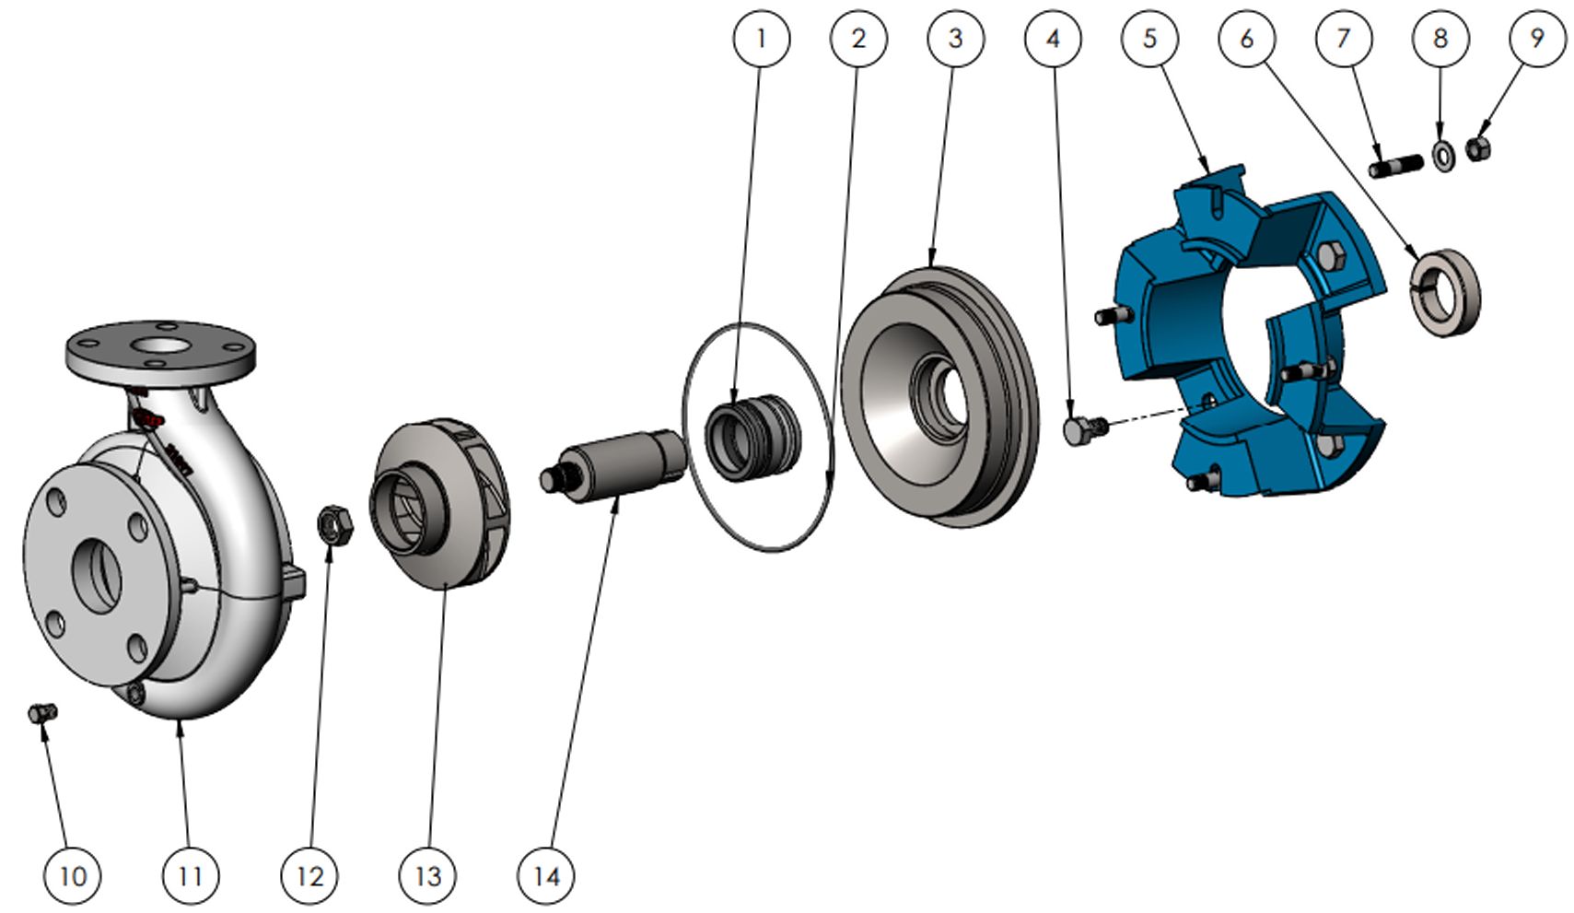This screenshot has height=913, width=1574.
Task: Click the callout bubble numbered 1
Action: [761, 38]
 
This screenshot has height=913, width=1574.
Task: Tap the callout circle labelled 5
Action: [1150, 38]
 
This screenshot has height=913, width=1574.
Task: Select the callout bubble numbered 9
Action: [1537, 38]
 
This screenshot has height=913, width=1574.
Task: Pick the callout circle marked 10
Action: [73, 876]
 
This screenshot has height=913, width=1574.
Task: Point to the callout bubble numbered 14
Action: [546, 876]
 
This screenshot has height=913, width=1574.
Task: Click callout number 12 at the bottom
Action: [309, 876]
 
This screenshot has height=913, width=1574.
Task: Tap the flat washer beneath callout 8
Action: [1442, 156]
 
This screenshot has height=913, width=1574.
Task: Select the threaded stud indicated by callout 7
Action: [1395, 168]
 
